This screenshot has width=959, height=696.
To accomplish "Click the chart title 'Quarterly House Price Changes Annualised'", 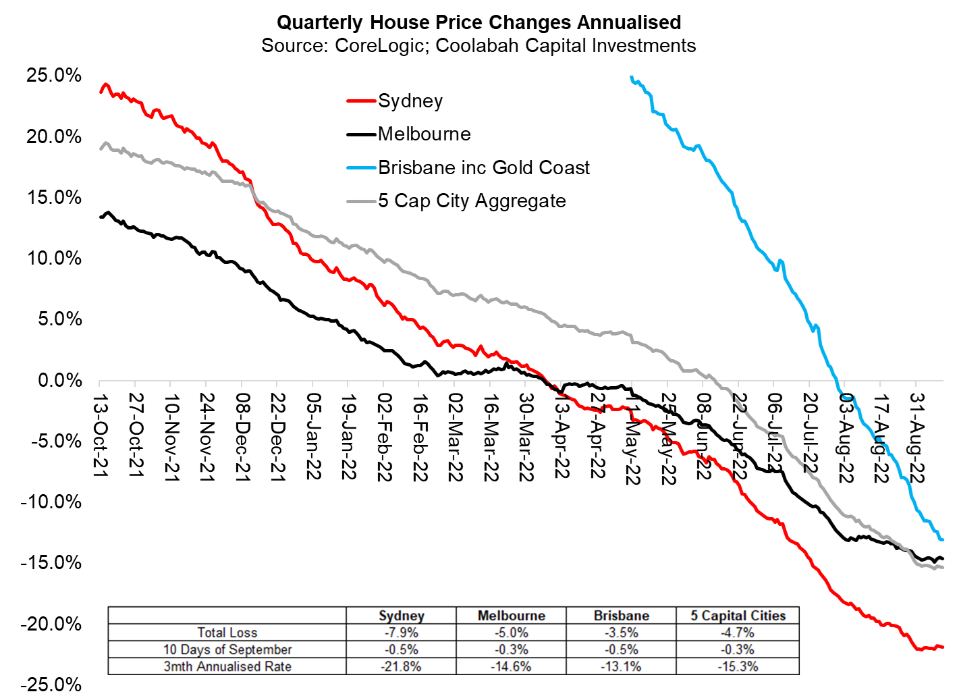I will [478, 22].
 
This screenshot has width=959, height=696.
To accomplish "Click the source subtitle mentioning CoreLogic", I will [478, 46].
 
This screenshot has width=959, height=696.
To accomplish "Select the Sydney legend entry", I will [410, 101].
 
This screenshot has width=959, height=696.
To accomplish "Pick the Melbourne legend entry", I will [424, 134].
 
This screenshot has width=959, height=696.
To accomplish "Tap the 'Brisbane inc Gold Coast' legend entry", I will [483, 167].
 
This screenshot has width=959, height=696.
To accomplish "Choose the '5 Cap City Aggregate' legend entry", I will [471, 201].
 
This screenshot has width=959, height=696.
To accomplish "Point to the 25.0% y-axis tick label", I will [54, 75].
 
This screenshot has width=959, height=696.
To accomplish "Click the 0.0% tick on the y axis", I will [59, 380].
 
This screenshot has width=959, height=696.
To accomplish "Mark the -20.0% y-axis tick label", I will [51, 624].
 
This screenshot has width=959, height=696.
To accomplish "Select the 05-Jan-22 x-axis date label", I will [313, 436].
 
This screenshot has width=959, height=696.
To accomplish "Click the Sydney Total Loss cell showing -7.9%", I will [401, 633].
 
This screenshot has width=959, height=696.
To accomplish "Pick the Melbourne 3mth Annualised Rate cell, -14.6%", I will [511, 666].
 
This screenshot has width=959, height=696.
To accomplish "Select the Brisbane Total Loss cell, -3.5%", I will [621, 633].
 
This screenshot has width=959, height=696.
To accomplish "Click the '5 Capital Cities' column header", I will [738, 616].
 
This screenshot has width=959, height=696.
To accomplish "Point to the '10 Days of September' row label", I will [227, 649].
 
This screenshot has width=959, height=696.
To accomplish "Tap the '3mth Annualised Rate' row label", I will [227, 666].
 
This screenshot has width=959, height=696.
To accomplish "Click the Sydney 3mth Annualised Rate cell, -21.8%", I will [401, 666].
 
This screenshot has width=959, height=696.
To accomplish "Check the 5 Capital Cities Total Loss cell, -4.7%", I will [738, 633].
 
